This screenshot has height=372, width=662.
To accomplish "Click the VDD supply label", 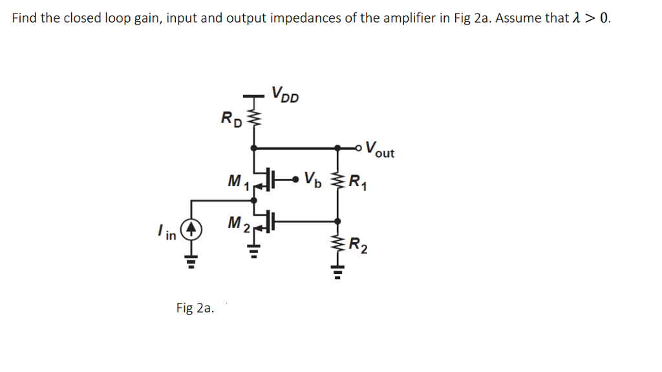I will click(x=285, y=94).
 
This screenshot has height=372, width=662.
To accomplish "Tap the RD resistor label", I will click(x=231, y=118).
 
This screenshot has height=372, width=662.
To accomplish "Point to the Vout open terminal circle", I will click(x=359, y=148).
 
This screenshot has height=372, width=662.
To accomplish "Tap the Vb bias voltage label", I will click(x=311, y=177).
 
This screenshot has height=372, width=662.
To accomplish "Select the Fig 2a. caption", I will click(x=195, y=308).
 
